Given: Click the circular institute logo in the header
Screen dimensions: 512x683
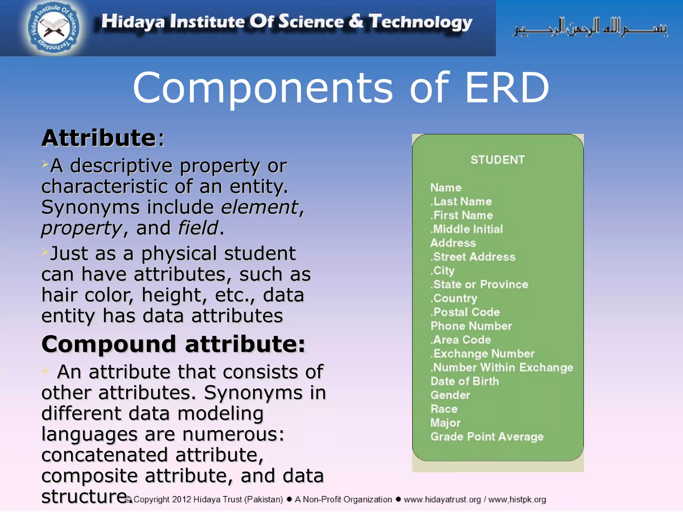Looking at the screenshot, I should [x=54, y=28].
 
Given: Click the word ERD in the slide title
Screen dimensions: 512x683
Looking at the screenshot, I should [x=507, y=88].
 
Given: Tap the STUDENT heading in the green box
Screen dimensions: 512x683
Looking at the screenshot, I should [x=497, y=160].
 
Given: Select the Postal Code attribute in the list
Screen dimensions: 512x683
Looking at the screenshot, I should [x=466, y=312].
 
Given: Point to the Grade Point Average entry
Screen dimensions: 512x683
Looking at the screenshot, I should [x=487, y=437].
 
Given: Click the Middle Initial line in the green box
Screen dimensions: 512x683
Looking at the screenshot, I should [x=467, y=229].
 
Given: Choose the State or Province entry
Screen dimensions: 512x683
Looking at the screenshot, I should [x=480, y=284].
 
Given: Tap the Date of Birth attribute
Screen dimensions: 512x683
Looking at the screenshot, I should [x=465, y=381].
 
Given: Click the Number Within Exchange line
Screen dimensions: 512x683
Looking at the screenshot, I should [x=502, y=367].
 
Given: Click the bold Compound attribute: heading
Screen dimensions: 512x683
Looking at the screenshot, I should [x=173, y=344].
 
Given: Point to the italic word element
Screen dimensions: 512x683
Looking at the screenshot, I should [x=260, y=207].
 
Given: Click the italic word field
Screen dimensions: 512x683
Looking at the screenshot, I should [x=198, y=228].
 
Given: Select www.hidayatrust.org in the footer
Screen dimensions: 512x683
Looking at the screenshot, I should [x=442, y=499].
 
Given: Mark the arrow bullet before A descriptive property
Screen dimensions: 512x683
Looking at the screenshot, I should [x=45, y=164].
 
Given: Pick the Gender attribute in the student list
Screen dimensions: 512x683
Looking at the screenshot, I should [x=450, y=395].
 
